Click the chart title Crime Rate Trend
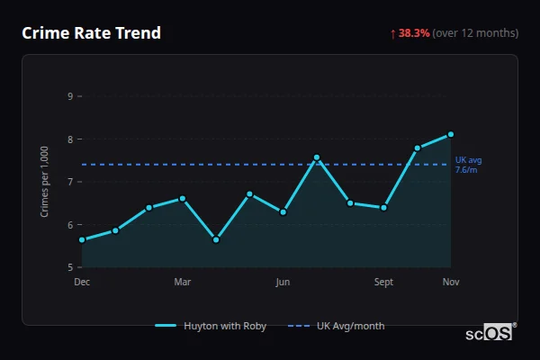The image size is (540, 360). coord(91,33)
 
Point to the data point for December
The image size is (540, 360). coord(82,239)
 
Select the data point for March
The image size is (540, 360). coord(183,198)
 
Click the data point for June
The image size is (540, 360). coord(283,211)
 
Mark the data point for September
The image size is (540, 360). coord(383,207)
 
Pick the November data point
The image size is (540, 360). coord(451,134)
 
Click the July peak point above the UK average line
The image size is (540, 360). coord(317,157)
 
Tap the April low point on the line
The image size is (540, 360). coord(216,239)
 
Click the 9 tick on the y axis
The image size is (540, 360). coord(70,96)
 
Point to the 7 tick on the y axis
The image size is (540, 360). coord(70,182)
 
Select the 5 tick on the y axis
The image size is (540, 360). coord(70,267)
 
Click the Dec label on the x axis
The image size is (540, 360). coord(82,283)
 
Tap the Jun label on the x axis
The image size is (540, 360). coord(283,283)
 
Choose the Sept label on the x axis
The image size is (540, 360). coord(383,283)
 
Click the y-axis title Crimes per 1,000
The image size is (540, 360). coord(45,181)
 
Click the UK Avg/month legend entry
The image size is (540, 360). coord(337,326)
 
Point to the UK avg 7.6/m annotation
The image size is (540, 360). coord(468,165)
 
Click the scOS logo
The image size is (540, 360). coord(490,333)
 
